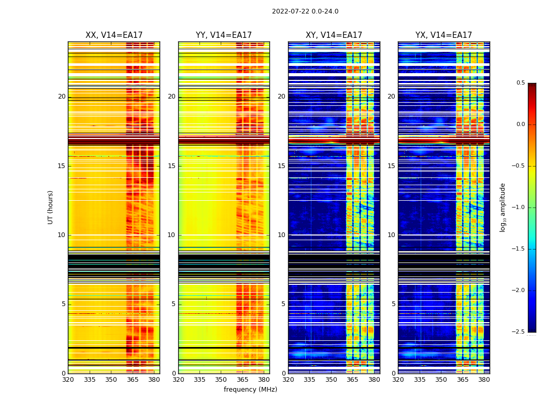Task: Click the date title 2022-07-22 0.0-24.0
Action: [305, 11]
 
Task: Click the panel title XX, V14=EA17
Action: [114, 35]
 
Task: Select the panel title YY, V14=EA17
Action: [224, 35]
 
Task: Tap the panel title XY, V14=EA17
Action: [334, 35]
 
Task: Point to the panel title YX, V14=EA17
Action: [443, 35]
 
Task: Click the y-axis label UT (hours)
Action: [51, 207]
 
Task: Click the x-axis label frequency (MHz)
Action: [250, 390]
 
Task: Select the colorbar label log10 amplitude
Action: [503, 207]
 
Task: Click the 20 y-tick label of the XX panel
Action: [62, 96]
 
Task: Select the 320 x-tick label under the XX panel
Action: [68, 379]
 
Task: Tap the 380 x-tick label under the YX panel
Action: [484, 379]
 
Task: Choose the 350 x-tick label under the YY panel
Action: [221, 379]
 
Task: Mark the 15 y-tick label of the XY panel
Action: [281, 166]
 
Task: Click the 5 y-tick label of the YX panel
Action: [393, 304]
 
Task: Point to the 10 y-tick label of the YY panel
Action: [171, 235]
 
